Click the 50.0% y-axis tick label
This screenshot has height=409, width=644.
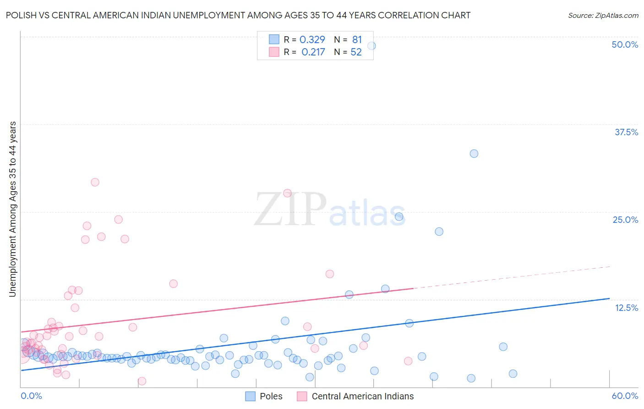[625, 44]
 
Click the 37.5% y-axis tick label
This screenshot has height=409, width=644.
[626, 132]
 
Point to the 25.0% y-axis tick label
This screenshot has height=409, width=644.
[625, 220]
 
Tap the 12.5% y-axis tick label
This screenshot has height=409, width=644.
[626, 308]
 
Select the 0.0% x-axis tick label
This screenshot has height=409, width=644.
[31, 396]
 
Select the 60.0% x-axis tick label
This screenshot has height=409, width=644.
[625, 396]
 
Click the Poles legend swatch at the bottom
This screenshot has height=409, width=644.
[250, 396]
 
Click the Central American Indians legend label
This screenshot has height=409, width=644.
[362, 396]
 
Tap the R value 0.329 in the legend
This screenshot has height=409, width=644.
[312, 40]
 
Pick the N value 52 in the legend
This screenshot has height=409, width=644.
[356, 52]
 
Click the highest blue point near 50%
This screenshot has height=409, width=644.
[371, 46]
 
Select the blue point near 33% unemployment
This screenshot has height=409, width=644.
[474, 154]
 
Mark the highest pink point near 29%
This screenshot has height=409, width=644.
[95, 182]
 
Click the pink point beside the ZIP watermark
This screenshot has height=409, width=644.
[287, 193]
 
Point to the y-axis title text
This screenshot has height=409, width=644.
[13, 209]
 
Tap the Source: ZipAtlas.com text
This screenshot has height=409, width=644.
[603, 15]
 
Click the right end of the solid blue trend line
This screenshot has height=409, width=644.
[609, 298]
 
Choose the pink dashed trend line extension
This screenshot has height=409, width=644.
[513, 277]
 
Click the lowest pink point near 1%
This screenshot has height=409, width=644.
[142, 381]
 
